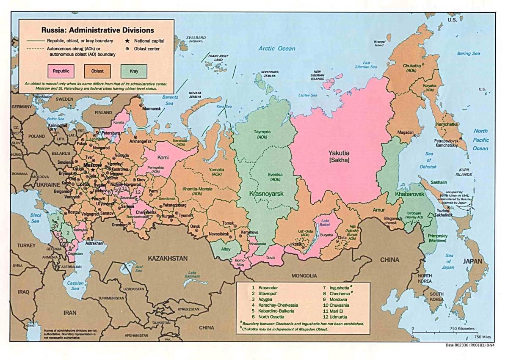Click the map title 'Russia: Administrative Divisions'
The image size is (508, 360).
click(97, 30)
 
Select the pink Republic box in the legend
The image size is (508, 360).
click(61, 71)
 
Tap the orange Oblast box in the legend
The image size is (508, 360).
click(97, 71)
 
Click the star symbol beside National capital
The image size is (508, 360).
click(126, 41)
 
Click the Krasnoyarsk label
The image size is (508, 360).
click(266, 193)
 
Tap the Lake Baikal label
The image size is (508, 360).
click(325, 223)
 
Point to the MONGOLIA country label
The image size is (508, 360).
click(304, 275)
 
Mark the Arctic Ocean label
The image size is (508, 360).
click(277, 49)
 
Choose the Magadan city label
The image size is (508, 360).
click(405, 133)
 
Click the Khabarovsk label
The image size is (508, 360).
click(409, 194)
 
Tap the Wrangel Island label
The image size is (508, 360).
click(379, 44)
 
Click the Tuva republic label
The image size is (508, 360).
click(270, 257)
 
